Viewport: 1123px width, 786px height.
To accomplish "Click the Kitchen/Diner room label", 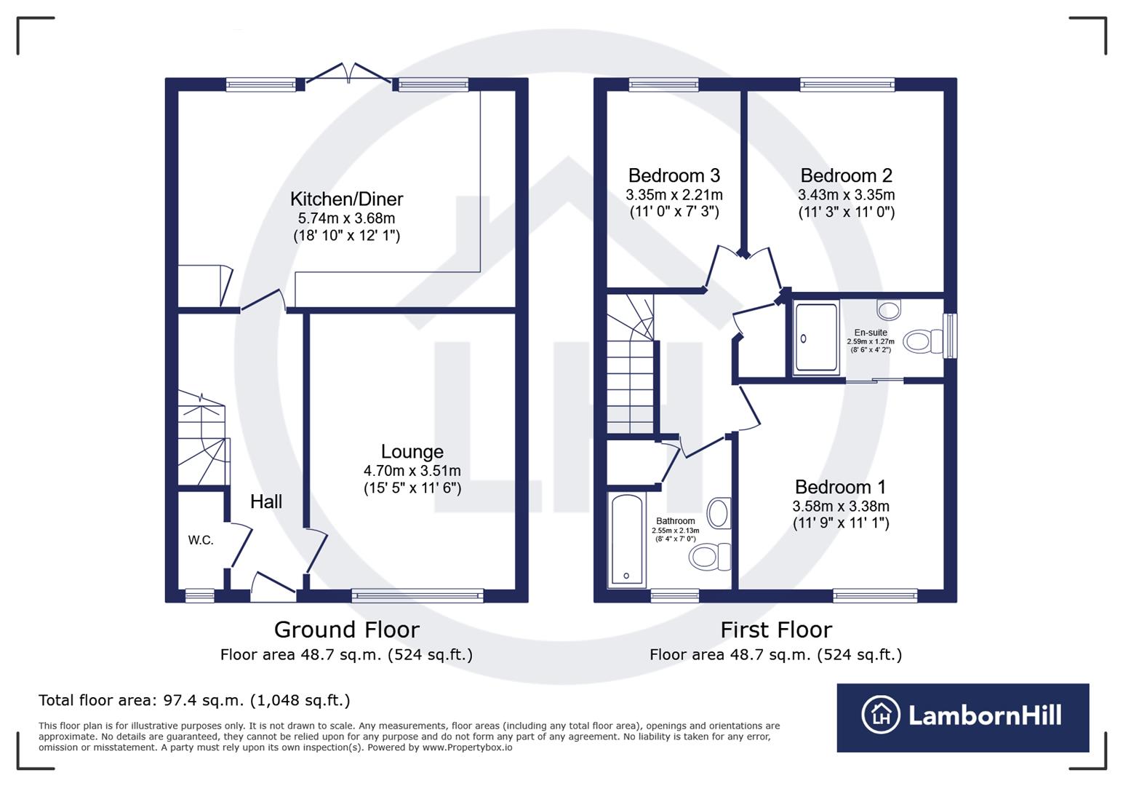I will click(346, 199).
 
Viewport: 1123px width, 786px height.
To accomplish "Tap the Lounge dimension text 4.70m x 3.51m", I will click(412, 471).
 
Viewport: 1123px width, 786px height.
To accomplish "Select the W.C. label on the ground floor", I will click(201, 540).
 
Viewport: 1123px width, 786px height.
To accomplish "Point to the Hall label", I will click(266, 501).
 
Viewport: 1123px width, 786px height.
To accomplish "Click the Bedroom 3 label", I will click(674, 175).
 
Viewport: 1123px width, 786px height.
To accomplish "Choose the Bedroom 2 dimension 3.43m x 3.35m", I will click(846, 195).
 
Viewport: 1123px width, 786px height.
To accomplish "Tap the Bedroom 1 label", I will click(841, 487).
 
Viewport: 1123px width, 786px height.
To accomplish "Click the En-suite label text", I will click(871, 333).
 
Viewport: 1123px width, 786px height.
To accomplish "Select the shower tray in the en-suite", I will click(816, 338).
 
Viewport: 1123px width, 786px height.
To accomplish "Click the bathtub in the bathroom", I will click(626, 540).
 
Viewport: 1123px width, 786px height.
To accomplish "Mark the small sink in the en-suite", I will click(889, 309).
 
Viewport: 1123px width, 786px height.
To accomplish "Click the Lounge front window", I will click(417, 596).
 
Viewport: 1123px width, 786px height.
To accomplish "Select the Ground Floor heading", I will click(346, 630).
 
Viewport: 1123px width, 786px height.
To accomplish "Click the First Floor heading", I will click(776, 630).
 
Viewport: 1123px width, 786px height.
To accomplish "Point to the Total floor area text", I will click(194, 700).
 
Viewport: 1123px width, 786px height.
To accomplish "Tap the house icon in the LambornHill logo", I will click(881, 715).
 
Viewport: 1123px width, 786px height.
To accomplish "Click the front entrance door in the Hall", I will click(273, 586).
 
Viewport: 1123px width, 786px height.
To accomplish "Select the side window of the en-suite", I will click(950, 336).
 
